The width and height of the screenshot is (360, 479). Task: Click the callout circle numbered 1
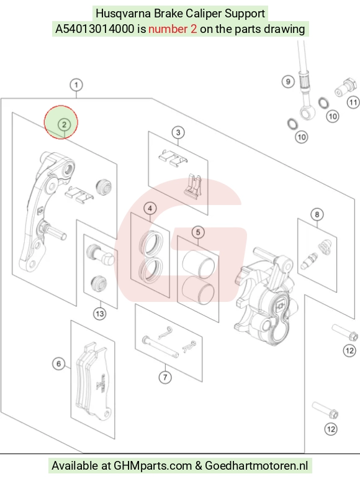[76, 84]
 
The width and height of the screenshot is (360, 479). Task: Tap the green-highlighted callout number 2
[64, 124]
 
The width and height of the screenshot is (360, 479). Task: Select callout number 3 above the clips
[178, 132]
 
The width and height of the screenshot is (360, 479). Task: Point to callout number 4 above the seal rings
[150, 208]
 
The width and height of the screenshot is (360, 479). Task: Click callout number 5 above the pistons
[198, 232]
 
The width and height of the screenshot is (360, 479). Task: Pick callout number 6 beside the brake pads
[58, 363]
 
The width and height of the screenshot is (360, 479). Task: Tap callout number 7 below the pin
[165, 377]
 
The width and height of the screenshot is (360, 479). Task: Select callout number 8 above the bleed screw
[317, 214]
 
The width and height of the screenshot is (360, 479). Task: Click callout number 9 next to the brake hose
[288, 81]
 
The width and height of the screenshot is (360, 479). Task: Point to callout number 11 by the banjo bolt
[353, 102]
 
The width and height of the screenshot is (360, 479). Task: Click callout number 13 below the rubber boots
[100, 314]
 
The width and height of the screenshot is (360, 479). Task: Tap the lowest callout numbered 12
[331, 429]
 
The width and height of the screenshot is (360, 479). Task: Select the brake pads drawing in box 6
[92, 381]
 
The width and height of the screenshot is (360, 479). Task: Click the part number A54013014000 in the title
[94, 29]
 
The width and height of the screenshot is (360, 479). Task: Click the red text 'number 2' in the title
[173, 29]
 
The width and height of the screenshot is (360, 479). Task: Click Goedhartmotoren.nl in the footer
[256, 465]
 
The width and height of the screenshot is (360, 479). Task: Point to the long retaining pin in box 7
[161, 347]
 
